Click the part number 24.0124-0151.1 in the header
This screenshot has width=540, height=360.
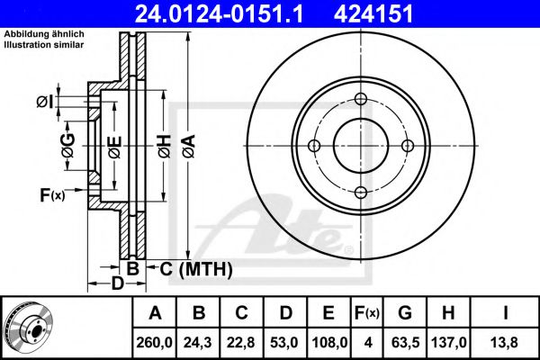coord(219,13)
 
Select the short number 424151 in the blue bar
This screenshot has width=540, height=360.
coord(373,13)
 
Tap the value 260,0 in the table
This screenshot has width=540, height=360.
coord(154,342)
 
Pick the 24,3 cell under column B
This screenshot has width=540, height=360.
coord(198,342)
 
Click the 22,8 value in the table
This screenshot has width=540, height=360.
coord(241,342)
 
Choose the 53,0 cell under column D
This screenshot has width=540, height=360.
coord(284,342)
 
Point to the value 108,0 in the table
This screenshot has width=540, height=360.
coord(329,342)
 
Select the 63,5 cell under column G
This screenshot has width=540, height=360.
coord(405,342)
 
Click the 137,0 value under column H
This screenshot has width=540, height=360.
coord(449,342)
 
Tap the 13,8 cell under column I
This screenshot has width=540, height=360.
coord(505,342)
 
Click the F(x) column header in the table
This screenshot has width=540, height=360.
coord(367,313)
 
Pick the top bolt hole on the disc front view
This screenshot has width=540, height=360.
coord(361,99)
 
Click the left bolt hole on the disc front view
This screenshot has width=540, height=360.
coord(314,146)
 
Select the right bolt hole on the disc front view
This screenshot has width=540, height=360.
coord(408,146)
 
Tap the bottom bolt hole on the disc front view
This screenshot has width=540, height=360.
coord(361,193)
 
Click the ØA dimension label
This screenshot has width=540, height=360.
coord(189,146)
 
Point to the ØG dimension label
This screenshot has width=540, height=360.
coord(67,146)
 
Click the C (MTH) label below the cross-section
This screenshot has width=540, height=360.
coord(196,269)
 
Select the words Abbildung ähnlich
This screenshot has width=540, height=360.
coord(44,34)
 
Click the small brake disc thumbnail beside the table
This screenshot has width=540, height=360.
coord(29,327)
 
